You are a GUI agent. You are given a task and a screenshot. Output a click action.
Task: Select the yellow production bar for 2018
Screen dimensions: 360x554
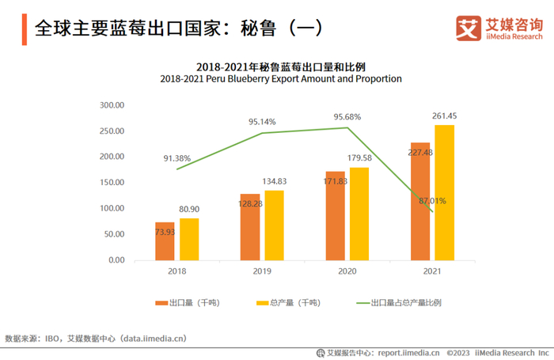tap(189, 238)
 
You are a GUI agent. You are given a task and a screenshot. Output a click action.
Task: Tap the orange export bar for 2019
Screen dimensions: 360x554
tap(250, 226)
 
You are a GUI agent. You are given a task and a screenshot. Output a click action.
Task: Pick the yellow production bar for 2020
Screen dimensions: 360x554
tap(359, 213)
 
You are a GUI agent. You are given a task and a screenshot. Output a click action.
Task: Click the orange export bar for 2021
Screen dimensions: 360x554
tap(420, 201)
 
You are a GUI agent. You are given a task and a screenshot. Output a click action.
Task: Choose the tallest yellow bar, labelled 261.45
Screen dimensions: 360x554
tap(445, 192)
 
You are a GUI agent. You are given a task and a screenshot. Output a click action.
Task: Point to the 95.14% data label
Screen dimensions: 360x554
tap(262, 122)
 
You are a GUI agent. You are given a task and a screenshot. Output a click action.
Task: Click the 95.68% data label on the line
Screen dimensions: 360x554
tap(347, 117)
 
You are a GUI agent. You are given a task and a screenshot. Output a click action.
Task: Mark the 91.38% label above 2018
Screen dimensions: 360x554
tap(177, 158)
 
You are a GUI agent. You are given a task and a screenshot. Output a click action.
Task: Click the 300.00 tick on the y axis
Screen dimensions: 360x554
tap(112, 104)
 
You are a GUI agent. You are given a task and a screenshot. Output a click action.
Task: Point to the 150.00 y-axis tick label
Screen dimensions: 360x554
tap(112, 182)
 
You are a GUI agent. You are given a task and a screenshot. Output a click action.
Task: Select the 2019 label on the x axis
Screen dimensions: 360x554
tap(262, 271)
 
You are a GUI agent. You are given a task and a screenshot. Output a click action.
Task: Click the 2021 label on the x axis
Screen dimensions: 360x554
tap(432, 271)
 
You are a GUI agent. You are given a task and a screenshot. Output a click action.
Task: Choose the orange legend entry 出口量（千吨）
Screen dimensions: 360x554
tap(191, 302)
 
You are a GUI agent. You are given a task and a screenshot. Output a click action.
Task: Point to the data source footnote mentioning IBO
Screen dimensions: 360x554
tap(95, 339)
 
